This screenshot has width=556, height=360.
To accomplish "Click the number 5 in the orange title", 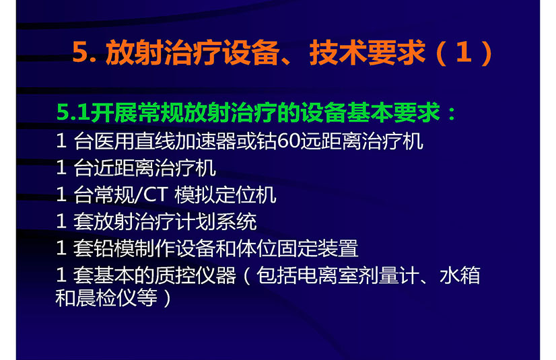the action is (x=80, y=52).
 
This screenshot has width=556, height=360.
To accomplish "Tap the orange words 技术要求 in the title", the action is (x=367, y=52).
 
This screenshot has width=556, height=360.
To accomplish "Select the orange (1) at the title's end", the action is (x=464, y=52).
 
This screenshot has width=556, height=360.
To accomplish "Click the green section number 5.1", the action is (x=72, y=113).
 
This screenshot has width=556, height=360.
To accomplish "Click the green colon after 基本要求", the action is (x=452, y=114).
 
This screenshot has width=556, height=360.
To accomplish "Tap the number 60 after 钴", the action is (x=289, y=141).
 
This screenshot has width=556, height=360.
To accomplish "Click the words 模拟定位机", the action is (x=225, y=194).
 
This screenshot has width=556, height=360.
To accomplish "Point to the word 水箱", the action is (x=460, y=275).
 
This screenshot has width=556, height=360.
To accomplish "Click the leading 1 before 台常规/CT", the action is (x=61, y=195).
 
